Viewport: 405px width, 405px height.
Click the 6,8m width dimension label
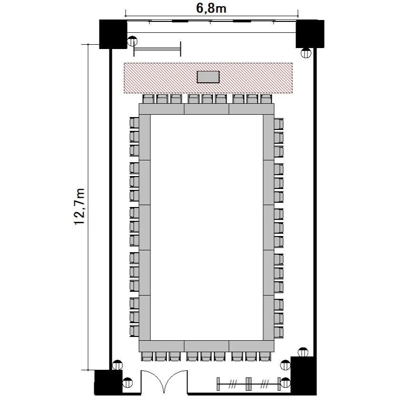point(211,8)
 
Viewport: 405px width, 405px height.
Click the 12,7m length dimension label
point(79,207)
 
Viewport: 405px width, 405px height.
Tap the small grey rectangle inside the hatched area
point(208,77)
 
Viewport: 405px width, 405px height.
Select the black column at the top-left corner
point(113,34)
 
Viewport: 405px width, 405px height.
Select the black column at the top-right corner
point(310,34)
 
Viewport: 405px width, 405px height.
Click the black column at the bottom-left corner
point(108,382)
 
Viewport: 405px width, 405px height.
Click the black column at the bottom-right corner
point(304,375)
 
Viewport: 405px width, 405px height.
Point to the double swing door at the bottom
point(164,382)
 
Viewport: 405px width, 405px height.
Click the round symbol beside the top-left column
point(132,41)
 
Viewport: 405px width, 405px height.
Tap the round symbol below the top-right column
point(306,53)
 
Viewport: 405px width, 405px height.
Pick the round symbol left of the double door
point(128,382)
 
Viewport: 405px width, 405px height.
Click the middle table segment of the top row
point(207,109)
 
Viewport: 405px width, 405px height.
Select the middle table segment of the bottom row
point(207,346)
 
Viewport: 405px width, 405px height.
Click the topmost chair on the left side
point(134,122)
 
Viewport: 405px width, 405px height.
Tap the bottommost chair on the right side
point(279,332)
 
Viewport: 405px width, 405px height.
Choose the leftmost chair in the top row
point(148,99)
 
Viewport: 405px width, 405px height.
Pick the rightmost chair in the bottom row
point(265,356)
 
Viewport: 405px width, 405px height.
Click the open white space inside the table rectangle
point(207,227)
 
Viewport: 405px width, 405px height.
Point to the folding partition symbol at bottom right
point(249,384)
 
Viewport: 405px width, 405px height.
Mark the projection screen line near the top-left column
point(157,49)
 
